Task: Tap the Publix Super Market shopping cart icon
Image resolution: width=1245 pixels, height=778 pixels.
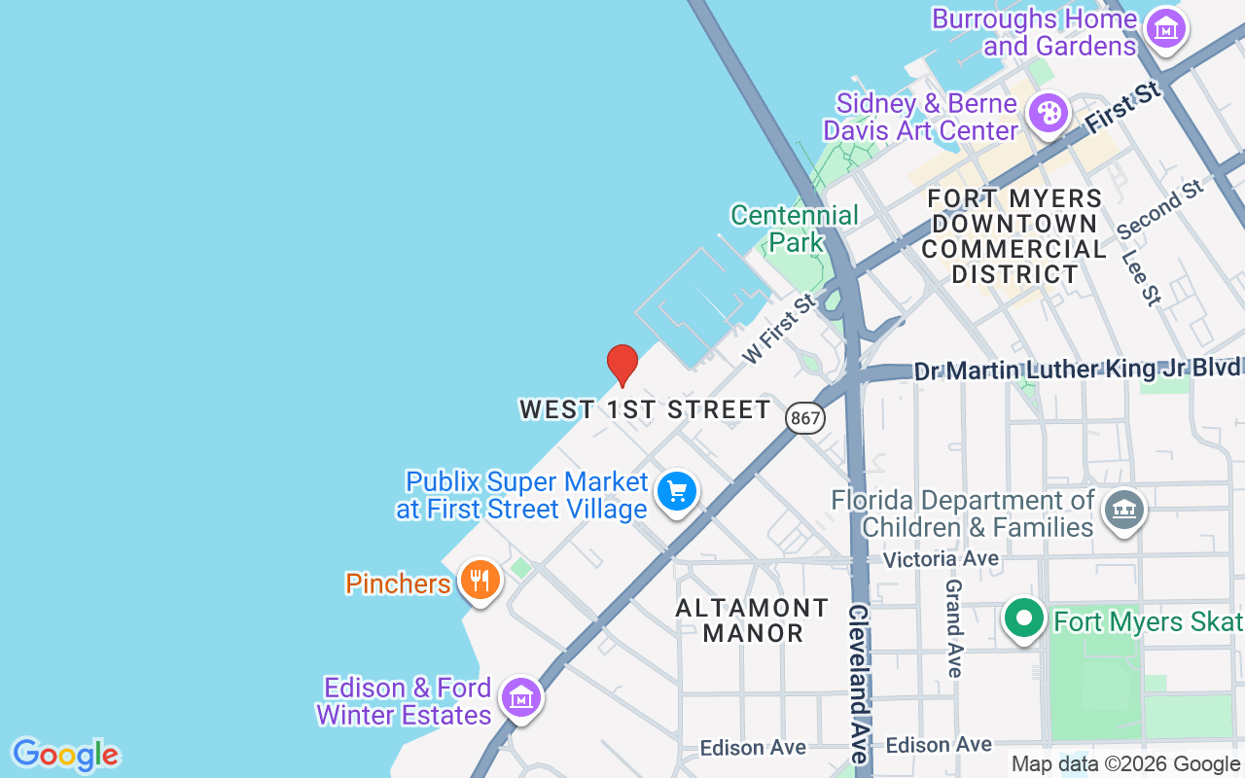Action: coord(677,491)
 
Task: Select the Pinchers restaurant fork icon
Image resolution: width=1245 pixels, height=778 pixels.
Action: coord(480,581)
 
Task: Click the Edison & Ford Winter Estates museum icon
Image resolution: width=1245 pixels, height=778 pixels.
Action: coord(522,697)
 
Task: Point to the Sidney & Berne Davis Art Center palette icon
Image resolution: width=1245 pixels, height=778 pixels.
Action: coord(1049,114)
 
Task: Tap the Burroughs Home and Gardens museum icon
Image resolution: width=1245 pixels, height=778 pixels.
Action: coord(1165,29)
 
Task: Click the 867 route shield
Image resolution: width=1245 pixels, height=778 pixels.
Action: coord(806,418)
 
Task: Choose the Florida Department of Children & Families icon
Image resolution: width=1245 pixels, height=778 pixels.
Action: coord(1124,509)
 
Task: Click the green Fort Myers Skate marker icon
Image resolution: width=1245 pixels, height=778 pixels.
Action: coord(1023,619)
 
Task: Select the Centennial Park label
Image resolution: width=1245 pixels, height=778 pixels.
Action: coord(795,229)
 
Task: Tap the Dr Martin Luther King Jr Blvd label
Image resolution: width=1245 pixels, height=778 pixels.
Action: coord(1077,371)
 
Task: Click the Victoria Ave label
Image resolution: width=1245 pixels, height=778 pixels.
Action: coord(941,559)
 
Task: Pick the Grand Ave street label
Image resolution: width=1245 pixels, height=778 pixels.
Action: coord(954,628)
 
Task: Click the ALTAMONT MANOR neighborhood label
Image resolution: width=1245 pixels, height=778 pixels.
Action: coord(752,620)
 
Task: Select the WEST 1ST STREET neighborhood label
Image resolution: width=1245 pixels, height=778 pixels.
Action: coord(645,409)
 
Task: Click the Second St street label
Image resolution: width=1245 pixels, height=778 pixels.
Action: coord(1161,210)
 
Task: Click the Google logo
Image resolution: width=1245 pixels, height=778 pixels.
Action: coord(65,755)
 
